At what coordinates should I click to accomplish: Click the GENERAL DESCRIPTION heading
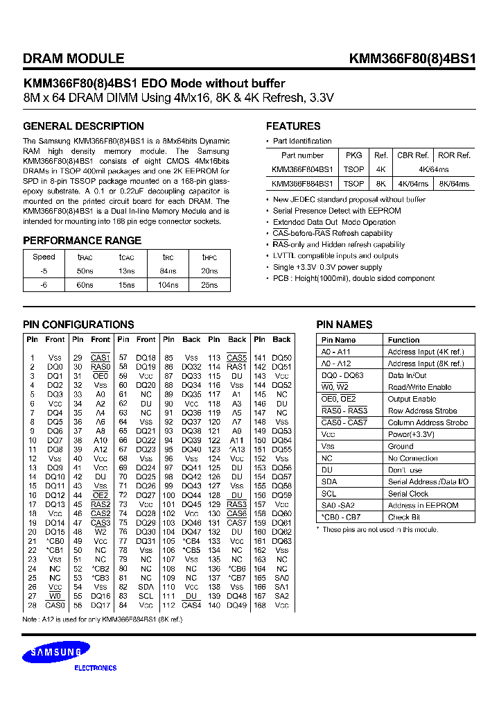click(x=83, y=126)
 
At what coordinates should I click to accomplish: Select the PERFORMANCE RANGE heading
click(x=82, y=241)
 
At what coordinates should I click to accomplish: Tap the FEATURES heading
click(x=293, y=126)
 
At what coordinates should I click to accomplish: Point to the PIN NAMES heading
click(x=344, y=325)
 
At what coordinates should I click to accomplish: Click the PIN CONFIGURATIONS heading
click(x=78, y=325)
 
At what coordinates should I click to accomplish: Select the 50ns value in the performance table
click(x=85, y=271)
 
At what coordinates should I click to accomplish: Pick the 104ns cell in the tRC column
click(x=168, y=285)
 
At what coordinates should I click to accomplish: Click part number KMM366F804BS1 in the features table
click(x=302, y=169)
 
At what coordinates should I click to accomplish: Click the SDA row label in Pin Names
click(x=329, y=481)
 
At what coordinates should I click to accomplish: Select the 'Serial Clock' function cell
click(x=408, y=493)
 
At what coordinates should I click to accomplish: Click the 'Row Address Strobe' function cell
click(x=422, y=411)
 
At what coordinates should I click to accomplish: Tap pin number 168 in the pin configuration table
click(x=259, y=606)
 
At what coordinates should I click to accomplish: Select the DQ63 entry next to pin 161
click(x=281, y=541)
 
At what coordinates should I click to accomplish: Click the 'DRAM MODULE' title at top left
click(x=73, y=59)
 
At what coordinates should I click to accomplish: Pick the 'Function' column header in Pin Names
click(x=403, y=340)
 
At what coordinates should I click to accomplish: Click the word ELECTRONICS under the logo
click(x=95, y=668)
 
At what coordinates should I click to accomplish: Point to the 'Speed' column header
click(x=44, y=256)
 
